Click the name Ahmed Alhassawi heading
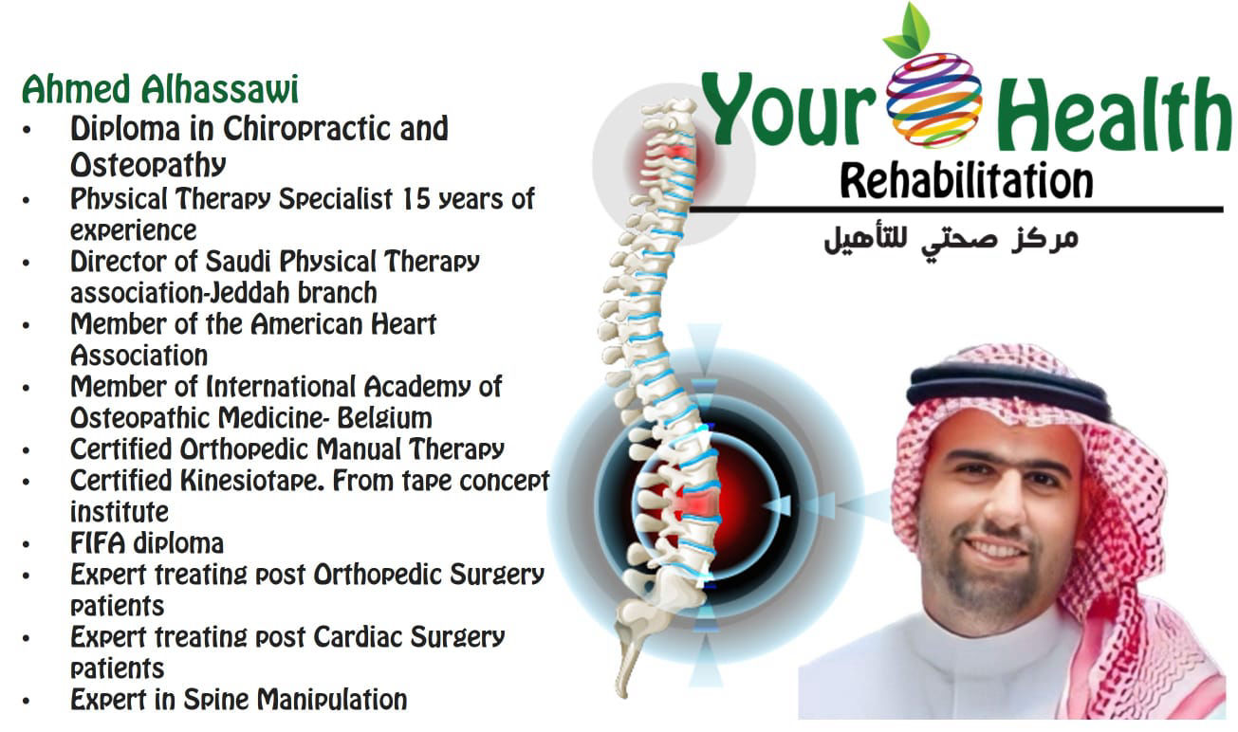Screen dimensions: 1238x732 160,89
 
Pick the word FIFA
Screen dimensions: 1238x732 98,543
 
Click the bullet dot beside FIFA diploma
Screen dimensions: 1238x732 26,544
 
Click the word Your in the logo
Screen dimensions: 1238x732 790,109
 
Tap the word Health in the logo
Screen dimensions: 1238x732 1117,115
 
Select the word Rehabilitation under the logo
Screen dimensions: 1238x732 967,181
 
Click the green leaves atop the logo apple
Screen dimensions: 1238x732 906,32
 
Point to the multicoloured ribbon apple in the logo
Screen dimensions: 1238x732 934,100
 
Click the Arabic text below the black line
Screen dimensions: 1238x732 952,241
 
